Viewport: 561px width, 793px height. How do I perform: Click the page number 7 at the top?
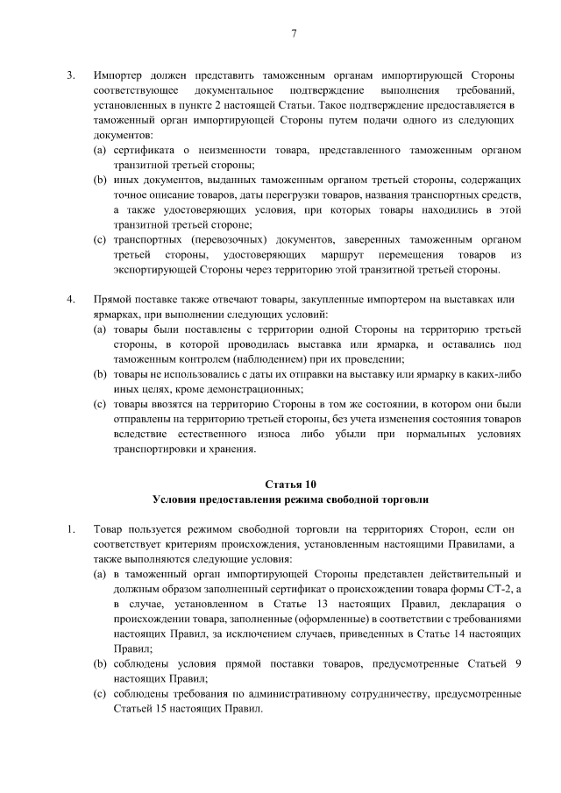point(294,34)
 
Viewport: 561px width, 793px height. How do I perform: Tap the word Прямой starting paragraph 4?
point(114,299)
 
